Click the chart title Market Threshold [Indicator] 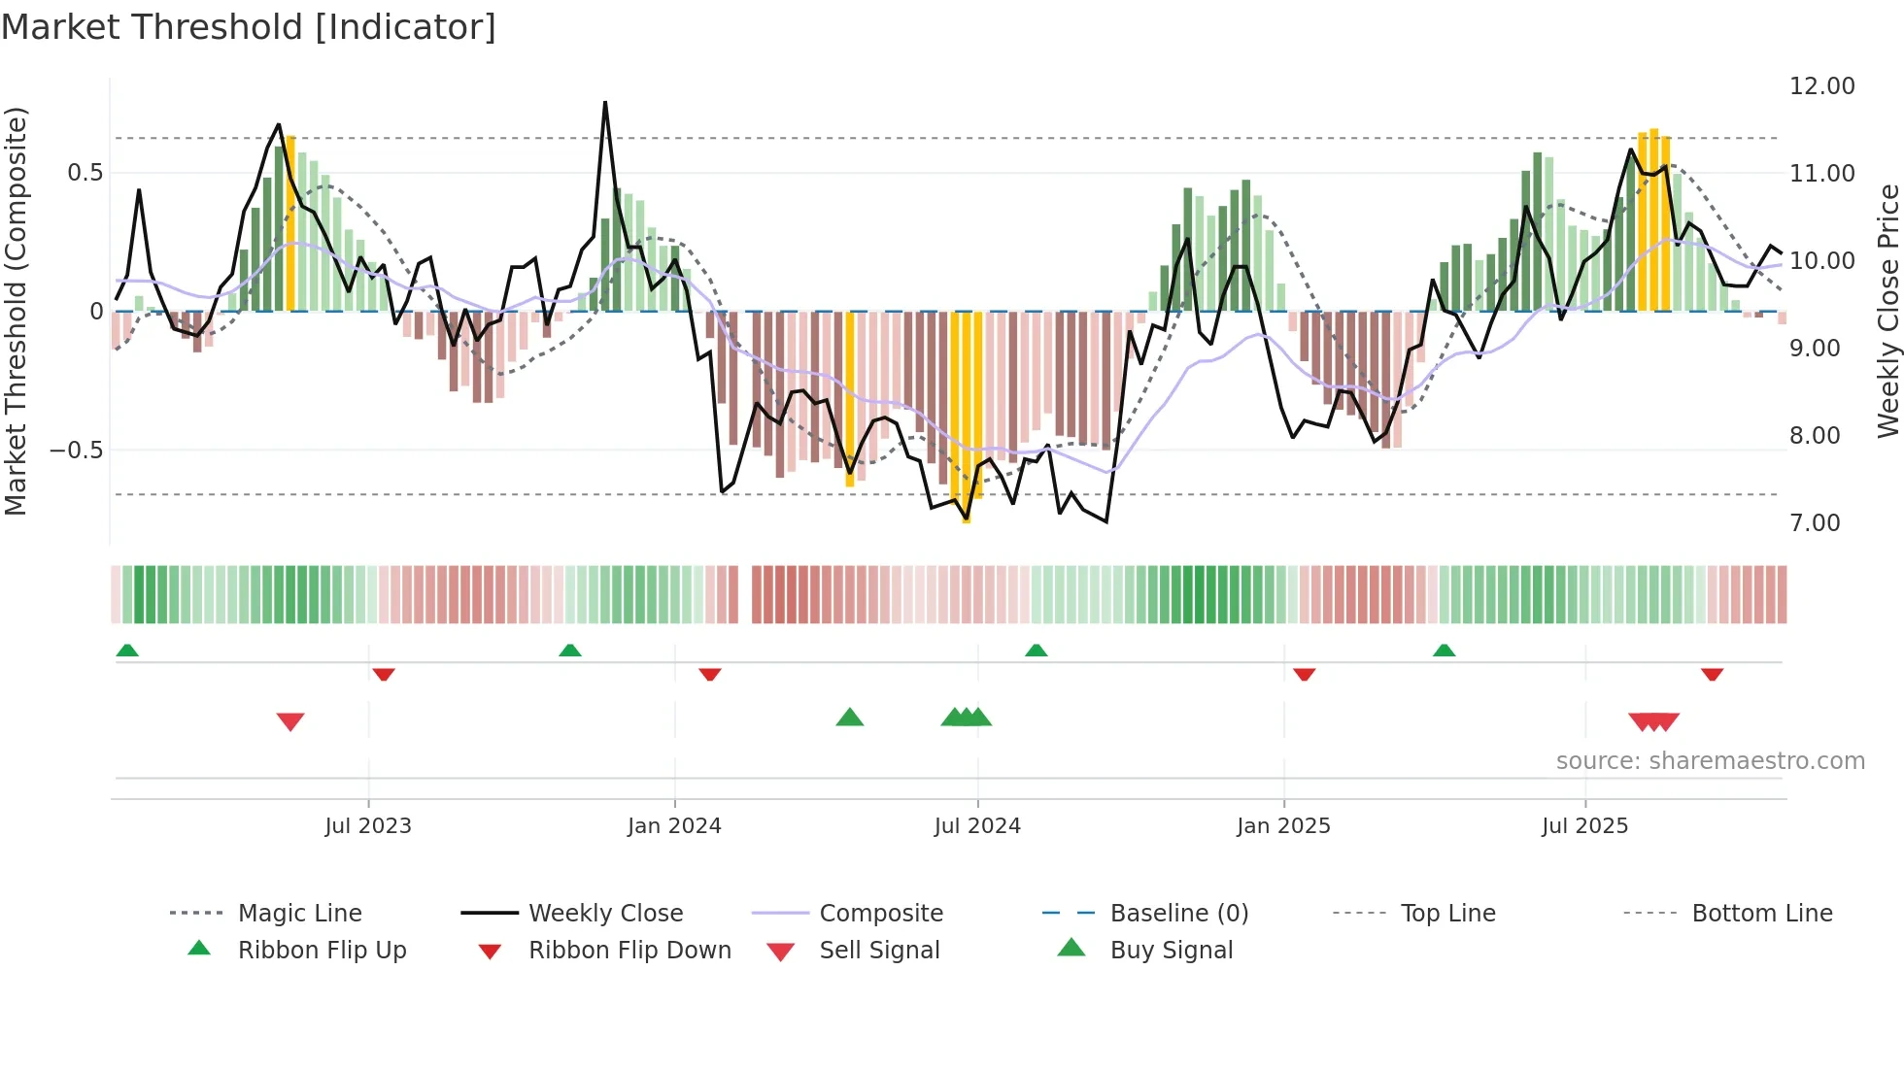pyautogui.click(x=249, y=27)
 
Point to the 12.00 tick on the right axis pyautogui.click(x=1821, y=86)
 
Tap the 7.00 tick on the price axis pyautogui.click(x=1815, y=523)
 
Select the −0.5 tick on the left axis pyautogui.click(x=76, y=451)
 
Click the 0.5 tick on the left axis pyautogui.click(x=85, y=173)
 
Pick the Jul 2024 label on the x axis pyautogui.click(x=977, y=826)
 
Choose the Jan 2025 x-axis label pyautogui.click(x=1283, y=826)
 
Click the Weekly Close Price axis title pyautogui.click(x=1887, y=311)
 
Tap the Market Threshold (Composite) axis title pyautogui.click(x=16, y=311)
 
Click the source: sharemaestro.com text pyautogui.click(x=1710, y=761)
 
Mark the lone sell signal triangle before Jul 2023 pyautogui.click(x=290, y=721)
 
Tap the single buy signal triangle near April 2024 pyautogui.click(x=850, y=718)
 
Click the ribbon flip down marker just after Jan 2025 pyautogui.click(x=1305, y=674)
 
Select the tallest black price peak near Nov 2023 pyautogui.click(x=605, y=103)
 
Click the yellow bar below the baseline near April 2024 pyautogui.click(x=850, y=398)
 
